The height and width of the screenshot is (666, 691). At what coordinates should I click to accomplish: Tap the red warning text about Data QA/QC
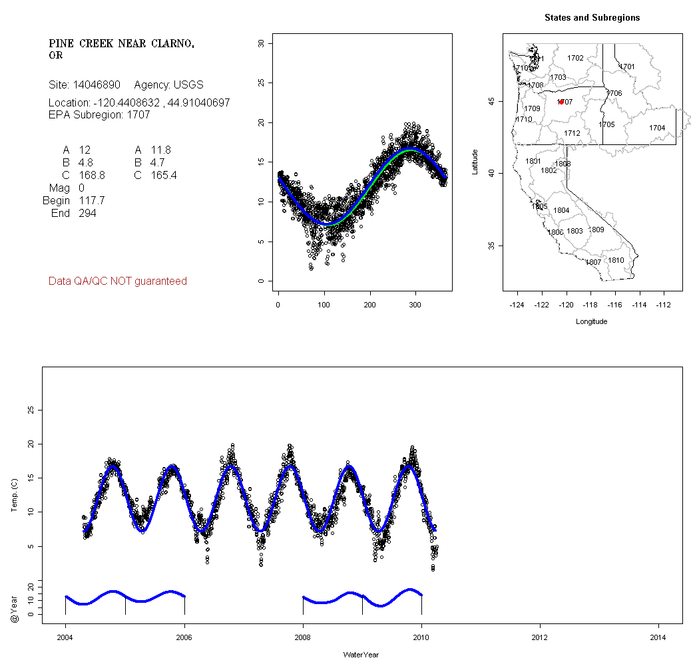(x=118, y=281)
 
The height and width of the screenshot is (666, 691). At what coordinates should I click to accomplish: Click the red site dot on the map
(x=562, y=102)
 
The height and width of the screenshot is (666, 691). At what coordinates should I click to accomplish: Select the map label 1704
(x=657, y=128)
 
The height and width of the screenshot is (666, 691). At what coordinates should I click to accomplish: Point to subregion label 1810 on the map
(x=616, y=260)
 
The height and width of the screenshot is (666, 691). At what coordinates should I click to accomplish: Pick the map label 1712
(x=572, y=133)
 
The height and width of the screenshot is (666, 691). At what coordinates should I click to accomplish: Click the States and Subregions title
(x=592, y=18)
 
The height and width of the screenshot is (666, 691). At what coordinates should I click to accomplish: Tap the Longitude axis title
(x=591, y=321)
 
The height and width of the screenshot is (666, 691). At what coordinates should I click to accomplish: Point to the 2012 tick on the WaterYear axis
(x=540, y=637)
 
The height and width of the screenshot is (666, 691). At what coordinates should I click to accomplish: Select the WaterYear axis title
(x=361, y=655)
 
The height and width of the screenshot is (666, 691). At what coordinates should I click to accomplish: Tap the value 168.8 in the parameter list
(x=92, y=176)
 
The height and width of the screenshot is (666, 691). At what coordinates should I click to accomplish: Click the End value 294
(x=87, y=214)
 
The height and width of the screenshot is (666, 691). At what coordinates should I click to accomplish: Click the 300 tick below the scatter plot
(x=415, y=305)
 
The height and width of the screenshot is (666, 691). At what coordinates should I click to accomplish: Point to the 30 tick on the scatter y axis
(x=261, y=43)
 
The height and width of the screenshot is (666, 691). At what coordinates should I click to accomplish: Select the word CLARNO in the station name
(x=170, y=44)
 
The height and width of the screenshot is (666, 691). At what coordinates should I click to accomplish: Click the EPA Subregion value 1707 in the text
(x=138, y=114)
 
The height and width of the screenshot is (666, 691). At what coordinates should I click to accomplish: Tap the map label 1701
(x=627, y=67)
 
